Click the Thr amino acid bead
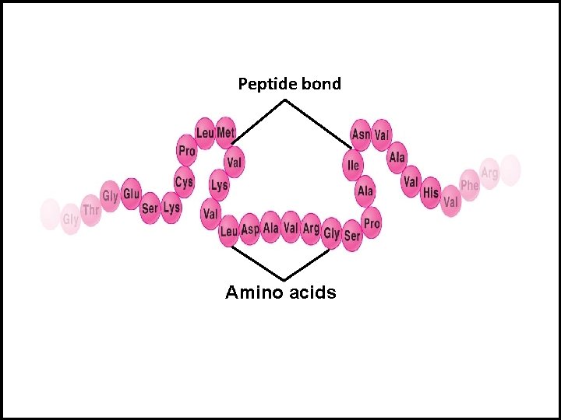pos(91,210)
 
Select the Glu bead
pos(131,194)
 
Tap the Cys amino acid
pos(184,182)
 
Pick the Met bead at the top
pos(225,133)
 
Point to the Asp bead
pos(250,229)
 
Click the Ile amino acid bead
pos(354,165)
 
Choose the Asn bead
pos(361,134)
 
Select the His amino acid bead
pos(430,191)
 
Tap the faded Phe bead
pos(469,184)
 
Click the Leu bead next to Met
pos(205,133)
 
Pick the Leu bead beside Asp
pos(229,231)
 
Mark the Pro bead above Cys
pos(187,150)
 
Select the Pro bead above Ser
pos(372,222)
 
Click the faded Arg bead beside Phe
pos(489,173)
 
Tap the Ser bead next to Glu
pos(150,208)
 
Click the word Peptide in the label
pos(263,84)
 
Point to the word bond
pos(321,84)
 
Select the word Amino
pos(252,292)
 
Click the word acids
pos(311,292)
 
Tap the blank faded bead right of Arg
pos(510,170)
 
